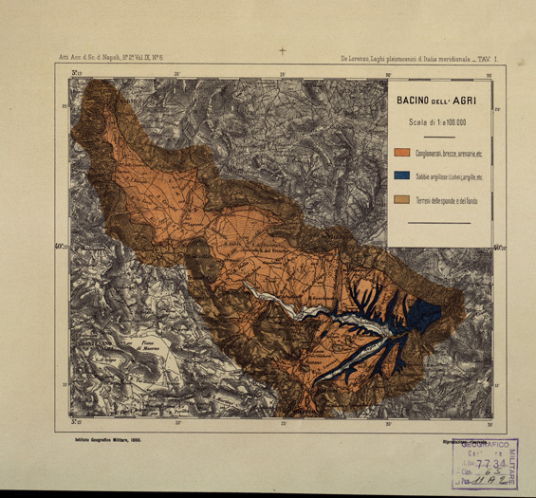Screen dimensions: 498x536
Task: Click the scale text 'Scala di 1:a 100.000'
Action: pyautogui.click(x=437, y=121)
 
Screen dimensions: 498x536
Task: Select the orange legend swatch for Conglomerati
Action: pyautogui.click(x=402, y=152)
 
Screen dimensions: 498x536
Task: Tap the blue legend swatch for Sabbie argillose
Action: pyautogui.click(x=402, y=175)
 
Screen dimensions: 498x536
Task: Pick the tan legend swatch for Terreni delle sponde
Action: pyautogui.click(x=402, y=199)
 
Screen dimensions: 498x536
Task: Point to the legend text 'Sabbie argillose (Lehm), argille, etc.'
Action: pyautogui.click(x=448, y=175)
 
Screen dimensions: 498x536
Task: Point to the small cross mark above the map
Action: pyautogui.click(x=282, y=50)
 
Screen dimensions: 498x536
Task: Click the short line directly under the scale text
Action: pyautogui.click(x=437, y=133)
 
